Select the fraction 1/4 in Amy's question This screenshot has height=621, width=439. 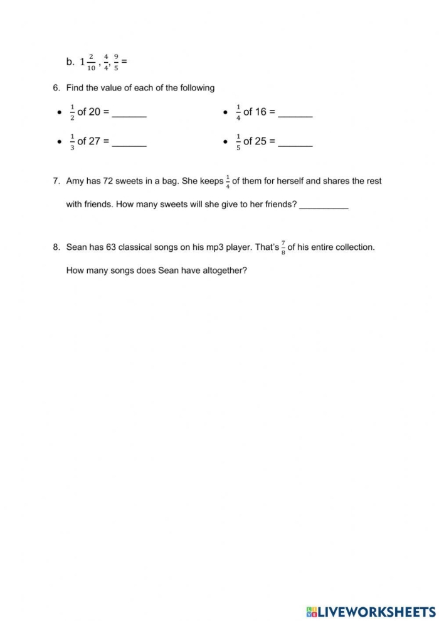tap(228, 181)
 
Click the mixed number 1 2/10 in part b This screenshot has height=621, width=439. tap(88, 62)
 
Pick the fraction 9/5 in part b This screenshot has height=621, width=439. tap(116, 62)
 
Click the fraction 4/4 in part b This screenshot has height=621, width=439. tap(106, 62)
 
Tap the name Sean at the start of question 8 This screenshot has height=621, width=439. tap(77, 247)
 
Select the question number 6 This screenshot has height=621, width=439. tap(56, 88)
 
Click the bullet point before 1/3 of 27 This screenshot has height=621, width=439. tap(60, 142)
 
